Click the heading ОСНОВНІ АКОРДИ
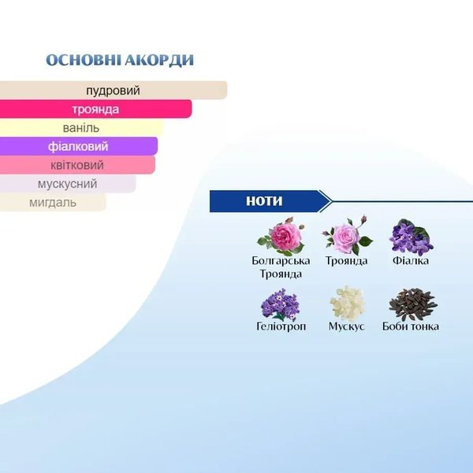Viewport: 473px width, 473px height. (x=120, y=60)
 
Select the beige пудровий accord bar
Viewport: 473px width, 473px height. (x=114, y=90)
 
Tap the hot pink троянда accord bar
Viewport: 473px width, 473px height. (x=96, y=109)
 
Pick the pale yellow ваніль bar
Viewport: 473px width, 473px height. (x=81, y=128)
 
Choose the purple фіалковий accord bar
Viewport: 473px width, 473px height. (x=79, y=147)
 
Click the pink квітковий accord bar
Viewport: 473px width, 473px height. (x=77, y=165)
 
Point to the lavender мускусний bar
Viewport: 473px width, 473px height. (x=68, y=184)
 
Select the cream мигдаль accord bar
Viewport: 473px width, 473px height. (x=53, y=203)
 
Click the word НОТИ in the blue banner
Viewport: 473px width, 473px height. (x=264, y=201)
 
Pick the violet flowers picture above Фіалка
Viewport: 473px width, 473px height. (x=412, y=237)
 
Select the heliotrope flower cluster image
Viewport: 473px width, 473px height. (x=280, y=304)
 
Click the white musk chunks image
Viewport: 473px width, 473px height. (x=348, y=303)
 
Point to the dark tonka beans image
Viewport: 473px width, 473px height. (x=413, y=304)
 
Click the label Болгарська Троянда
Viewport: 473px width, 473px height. (x=281, y=267)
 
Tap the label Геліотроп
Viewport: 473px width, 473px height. (x=281, y=326)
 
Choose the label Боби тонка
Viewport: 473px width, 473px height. (x=411, y=326)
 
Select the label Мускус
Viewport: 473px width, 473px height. (x=347, y=326)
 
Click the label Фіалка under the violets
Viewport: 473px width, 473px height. (x=411, y=261)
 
